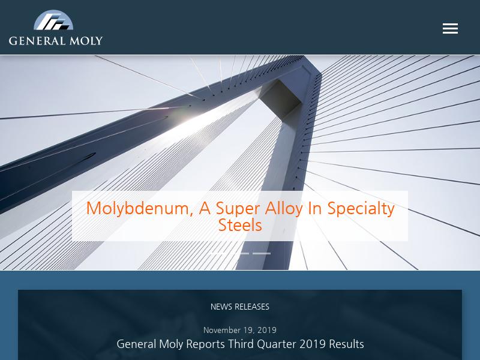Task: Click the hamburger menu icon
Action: pos(450,28)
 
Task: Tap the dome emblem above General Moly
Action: pos(53,20)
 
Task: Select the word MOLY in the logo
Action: pos(86,41)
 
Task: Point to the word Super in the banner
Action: pos(238,209)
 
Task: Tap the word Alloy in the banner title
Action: pos(284,209)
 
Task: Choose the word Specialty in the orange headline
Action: pos(361,209)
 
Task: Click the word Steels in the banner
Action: pos(240,226)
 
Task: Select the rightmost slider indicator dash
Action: pos(262,253)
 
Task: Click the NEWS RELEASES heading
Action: pos(239,307)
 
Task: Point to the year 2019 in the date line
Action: pos(267,331)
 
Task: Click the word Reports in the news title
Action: pos(205,344)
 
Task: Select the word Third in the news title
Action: pos(241,344)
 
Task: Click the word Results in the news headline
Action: pos(346,344)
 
